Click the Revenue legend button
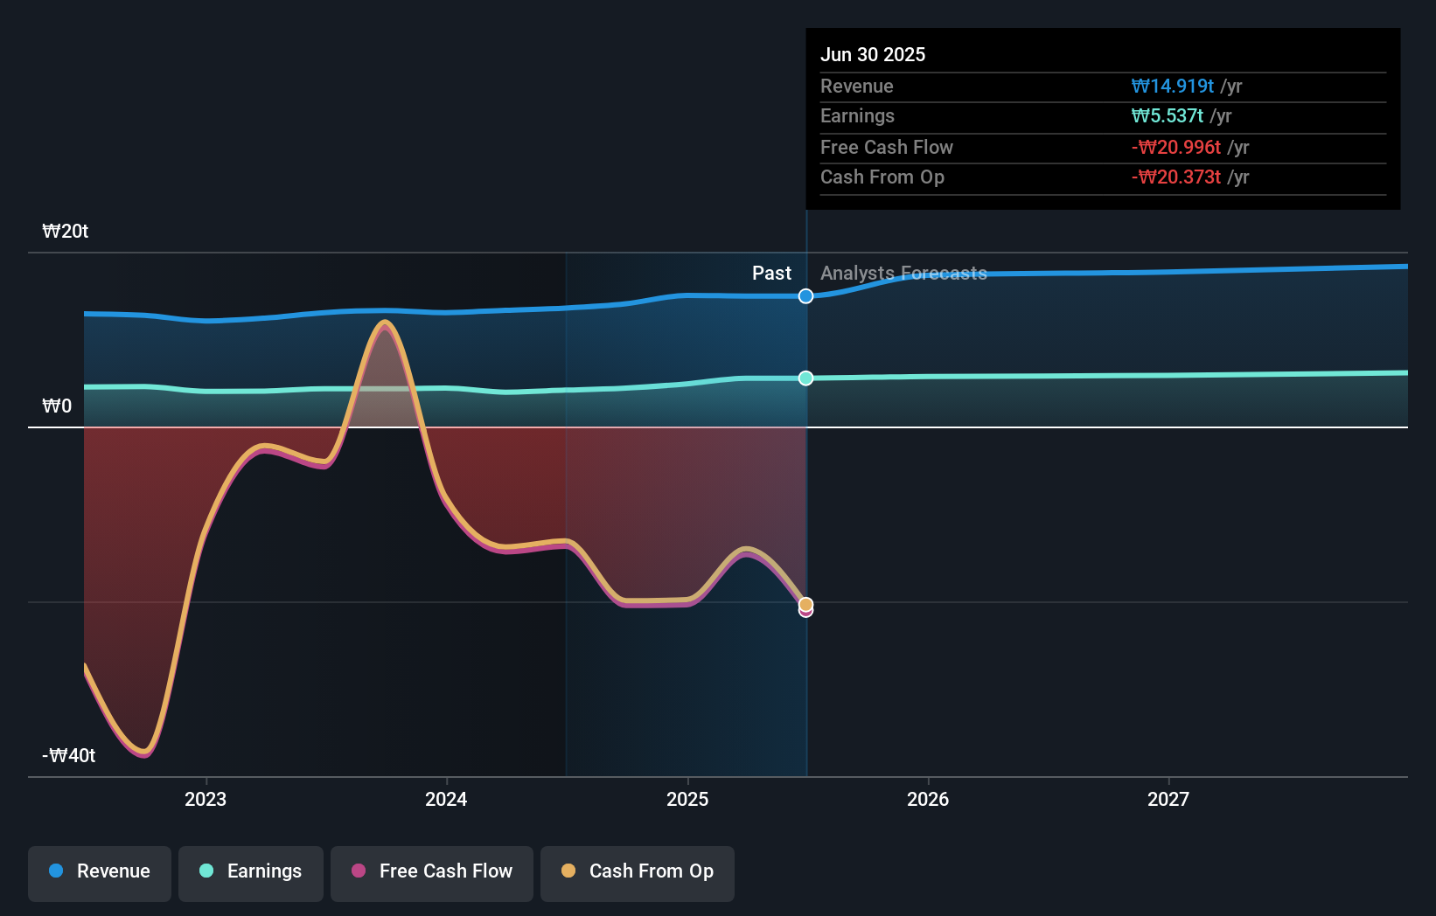click(x=100, y=871)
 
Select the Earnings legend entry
click(x=251, y=871)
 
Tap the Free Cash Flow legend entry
click(x=432, y=871)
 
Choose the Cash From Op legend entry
click(x=638, y=871)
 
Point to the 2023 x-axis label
click(x=206, y=799)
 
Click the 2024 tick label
click(x=446, y=799)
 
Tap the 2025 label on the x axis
click(x=687, y=799)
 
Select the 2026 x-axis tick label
click(x=928, y=799)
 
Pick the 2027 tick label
click(x=1168, y=799)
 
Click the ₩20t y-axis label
click(x=66, y=232)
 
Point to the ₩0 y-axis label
click(x=57, y=406)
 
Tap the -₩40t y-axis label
click(x=69, y=756)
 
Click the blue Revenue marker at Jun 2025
click(x=805, y=296)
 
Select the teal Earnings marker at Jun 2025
click(x=805, y=378)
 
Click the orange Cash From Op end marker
click(x=805, y=604)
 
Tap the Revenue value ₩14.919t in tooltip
click(x=1172, y=87)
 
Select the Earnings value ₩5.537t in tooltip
click(x=1167, y=116)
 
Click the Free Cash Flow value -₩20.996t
click(x=1175, y=148)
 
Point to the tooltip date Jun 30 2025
click(x=872, y=54)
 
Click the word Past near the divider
click(x=771, y=274)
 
